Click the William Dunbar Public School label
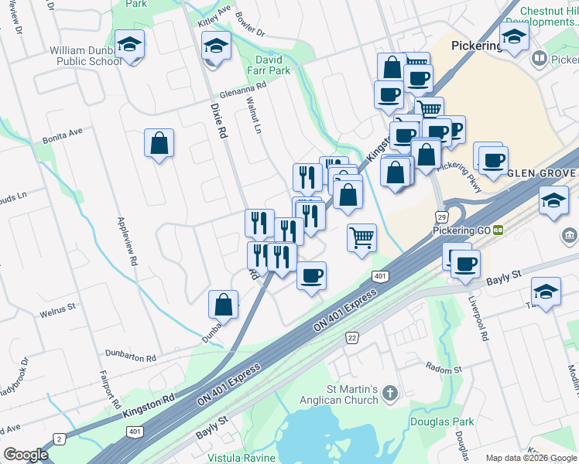click(x=86, y=56)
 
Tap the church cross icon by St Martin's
click(x=389, y=394)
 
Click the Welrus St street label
click(x=57, y=315)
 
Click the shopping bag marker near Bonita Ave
click(x=159, y=143)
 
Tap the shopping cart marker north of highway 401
click(x=361, y=237)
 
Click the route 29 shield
click(x=441, y=217)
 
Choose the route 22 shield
click(x=352, y=338)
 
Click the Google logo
click(x=26, y=455)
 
